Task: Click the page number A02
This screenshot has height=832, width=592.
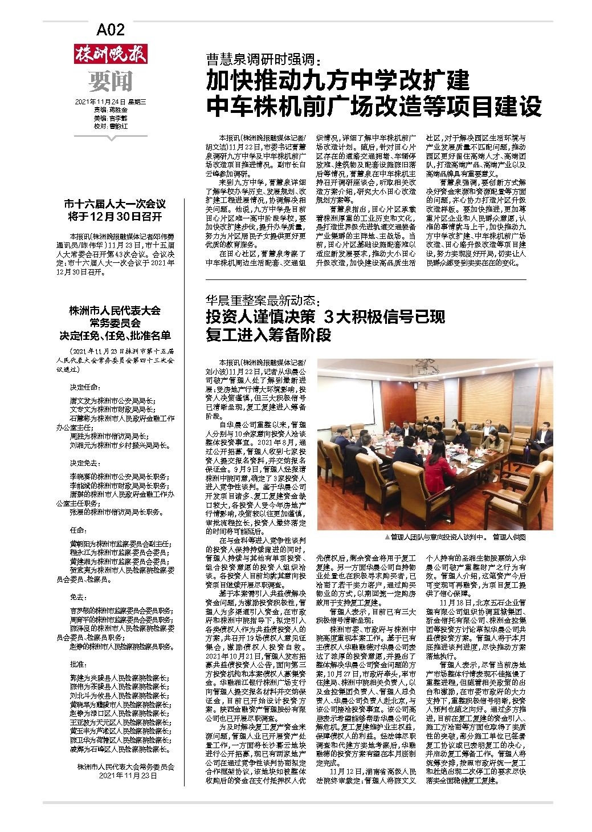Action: [x=111, y=30]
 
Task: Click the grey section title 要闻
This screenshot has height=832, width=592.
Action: [x=110, y=82]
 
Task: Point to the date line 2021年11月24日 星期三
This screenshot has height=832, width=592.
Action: [x=111, y=102]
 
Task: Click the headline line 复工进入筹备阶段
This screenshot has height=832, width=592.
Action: [x=268, y=335]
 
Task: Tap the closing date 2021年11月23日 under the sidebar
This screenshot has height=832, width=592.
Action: [x=125, y=776]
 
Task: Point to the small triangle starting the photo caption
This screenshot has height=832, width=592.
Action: [x=387, y=537]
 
